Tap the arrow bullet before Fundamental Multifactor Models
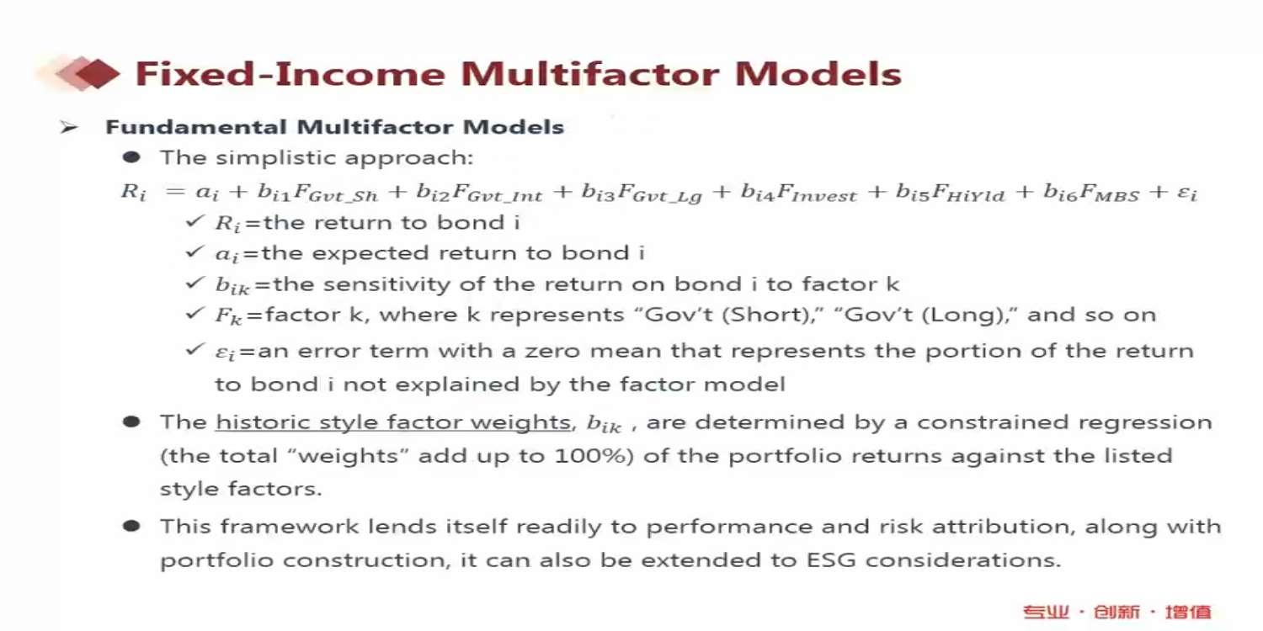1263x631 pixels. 68,128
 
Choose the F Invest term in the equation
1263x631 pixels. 817,194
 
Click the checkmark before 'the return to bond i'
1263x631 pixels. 195,220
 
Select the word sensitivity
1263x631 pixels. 386,284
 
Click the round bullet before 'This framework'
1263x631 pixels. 131,526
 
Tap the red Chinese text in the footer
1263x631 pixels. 1117,612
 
